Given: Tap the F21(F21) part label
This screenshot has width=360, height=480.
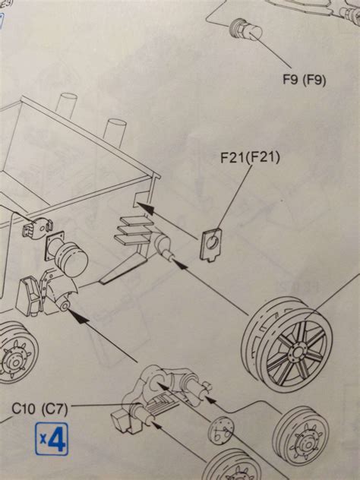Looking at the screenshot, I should coord(248,159).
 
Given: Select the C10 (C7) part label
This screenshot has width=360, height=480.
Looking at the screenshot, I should coord(40,409).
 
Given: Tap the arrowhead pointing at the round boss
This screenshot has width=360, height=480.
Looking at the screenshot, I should coord(79,317).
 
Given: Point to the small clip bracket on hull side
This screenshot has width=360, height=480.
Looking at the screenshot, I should coord(38,225).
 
